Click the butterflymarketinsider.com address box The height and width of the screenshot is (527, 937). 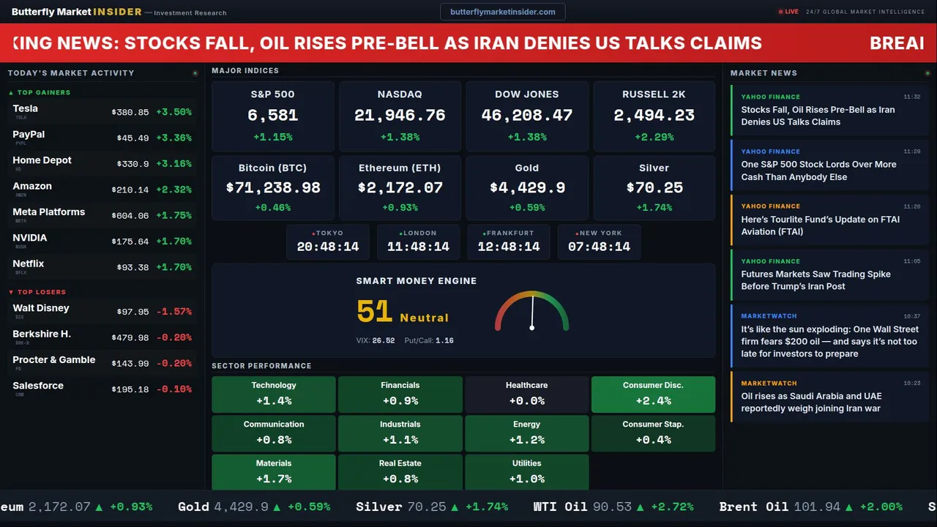pos(502,12)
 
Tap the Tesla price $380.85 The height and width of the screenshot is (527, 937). pos(130,112)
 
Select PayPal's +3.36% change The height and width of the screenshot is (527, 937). pos(173,138)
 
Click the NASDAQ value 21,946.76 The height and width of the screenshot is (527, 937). pos(400,116)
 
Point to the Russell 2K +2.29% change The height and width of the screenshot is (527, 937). pos(654,137)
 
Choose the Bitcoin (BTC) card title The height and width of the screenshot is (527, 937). pos(273,168)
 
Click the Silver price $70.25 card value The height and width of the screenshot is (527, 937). pos(654,187)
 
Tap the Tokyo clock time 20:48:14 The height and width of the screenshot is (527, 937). pos(328,247)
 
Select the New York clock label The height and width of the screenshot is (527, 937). pos(600,233)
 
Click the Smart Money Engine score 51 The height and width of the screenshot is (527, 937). pos(375,312)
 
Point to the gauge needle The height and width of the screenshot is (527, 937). pos(532,312)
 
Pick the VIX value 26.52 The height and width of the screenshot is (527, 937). pos(383,340)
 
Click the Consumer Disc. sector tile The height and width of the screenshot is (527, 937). pos(653,394)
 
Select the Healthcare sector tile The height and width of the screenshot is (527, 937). pos(526,394)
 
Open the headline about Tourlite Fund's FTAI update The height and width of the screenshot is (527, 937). pos(820,225)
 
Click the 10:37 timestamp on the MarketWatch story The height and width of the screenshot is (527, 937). pos(911,316)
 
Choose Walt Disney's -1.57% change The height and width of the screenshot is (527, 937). pos(173,312)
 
